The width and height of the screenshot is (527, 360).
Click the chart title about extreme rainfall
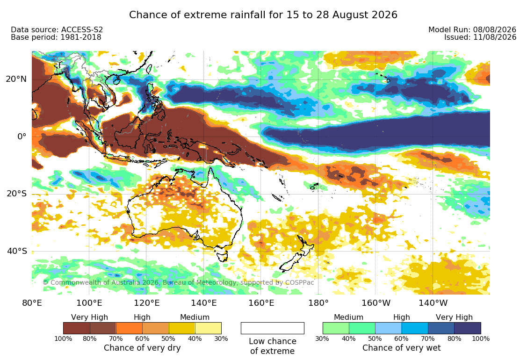[263, 15]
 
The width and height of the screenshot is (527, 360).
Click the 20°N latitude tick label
[16, 79]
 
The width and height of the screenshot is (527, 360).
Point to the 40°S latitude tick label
[17, 251]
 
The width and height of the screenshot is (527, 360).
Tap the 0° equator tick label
[22, 137]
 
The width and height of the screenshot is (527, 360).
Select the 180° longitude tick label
[318, 303]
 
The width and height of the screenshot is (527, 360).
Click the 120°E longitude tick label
[146, 303]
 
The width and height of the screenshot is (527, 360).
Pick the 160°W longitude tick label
[376, 303]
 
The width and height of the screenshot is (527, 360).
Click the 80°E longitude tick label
[32, 303]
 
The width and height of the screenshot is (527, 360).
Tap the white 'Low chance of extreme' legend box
[273, 328]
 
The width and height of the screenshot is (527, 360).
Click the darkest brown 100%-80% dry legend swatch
[76, 328]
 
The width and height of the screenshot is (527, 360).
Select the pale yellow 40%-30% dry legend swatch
[209, 328]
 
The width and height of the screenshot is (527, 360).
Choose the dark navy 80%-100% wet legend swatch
[468, 328]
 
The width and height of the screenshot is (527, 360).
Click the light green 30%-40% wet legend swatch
[336, 328]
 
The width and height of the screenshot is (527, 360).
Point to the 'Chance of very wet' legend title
[401, 348]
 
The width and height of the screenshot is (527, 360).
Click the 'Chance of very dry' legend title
[142, 348]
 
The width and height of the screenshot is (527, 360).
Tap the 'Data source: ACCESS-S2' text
[57, 29]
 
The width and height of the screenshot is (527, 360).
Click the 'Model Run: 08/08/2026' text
[472, 29]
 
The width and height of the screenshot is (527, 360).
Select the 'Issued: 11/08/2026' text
[480, 37]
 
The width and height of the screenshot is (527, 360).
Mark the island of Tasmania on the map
[222, 256]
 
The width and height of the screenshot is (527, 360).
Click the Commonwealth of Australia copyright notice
[178, 282]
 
